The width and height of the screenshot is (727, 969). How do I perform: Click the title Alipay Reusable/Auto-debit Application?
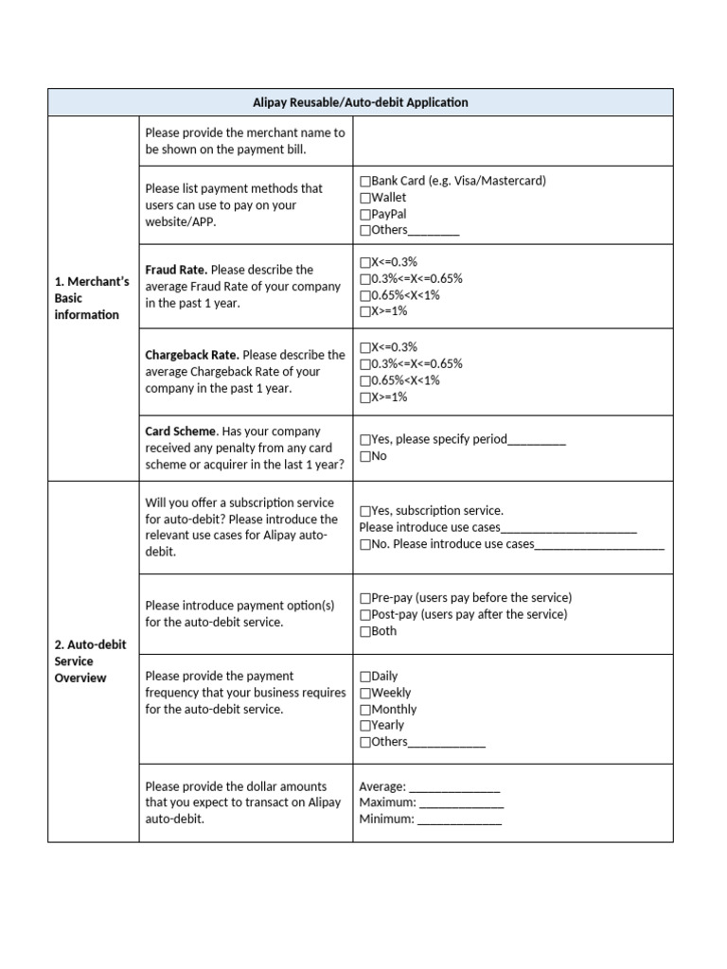coord(360,102)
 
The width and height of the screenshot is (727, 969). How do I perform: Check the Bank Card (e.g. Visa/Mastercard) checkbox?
coord(365,181)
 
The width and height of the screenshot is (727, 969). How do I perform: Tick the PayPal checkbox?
coord(365,214)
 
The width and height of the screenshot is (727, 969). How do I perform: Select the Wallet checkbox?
coord(365,198)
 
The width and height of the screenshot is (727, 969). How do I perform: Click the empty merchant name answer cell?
coord(512,141)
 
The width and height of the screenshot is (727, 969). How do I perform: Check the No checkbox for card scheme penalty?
coord(365,456)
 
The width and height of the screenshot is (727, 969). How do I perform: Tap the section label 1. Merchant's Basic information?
coord(92,298)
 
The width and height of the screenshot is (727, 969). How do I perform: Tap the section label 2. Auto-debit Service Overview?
coord(90,661)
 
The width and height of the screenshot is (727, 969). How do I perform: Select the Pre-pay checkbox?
coord(365,598)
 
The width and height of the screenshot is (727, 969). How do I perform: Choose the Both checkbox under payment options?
coord(365,631)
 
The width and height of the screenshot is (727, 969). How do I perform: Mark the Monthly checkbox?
coord(365,710)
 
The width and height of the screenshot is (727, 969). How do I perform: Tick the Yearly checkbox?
coord(365,726)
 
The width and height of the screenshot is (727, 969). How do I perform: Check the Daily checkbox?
coord(365,677)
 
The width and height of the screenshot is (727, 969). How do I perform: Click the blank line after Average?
coord(454,787)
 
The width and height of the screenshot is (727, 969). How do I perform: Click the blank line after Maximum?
coord(461,803)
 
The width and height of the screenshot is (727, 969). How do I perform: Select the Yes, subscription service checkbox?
coord(365,511)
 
